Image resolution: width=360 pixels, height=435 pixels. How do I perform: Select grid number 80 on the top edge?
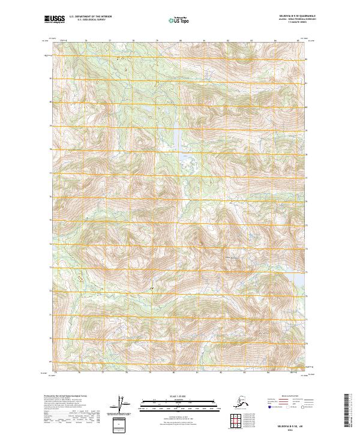pos(180,41)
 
